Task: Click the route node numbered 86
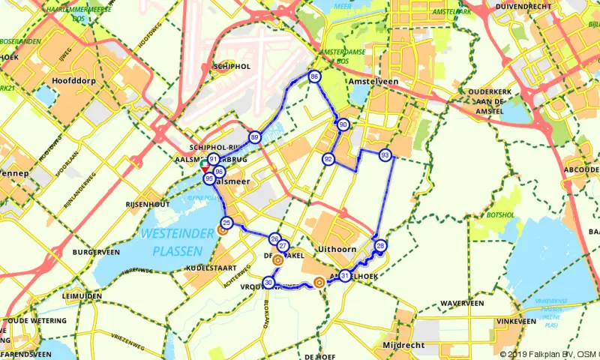[x=314, y=76]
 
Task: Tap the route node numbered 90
[x=343, y=124]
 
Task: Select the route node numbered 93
[x=385, y=155]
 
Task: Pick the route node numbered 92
[x=328, y=159]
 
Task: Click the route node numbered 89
[x=255, y=137]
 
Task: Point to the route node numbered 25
[x=226, y=221]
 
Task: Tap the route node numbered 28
[x=381, y=246]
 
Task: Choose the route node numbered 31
[x=344, y=275]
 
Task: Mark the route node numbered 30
[x=269, y=283]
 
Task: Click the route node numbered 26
[x=274, y=238]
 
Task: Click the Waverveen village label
[x=462, y=303]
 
